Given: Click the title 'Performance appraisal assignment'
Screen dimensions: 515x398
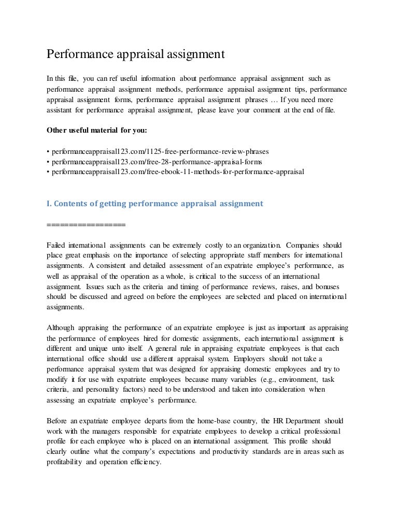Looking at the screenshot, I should pyautogui.click(x=135, y=54).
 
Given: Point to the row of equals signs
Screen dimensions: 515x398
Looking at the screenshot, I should pyautogui.click(x=86, y=224).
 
